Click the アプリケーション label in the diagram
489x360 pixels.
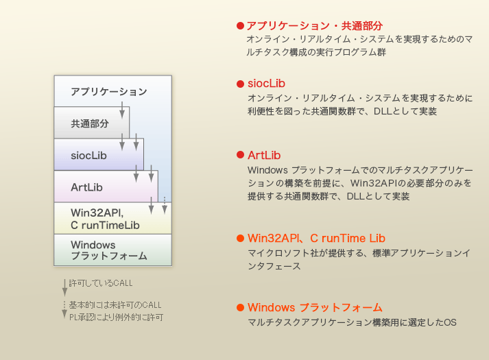coord(108,92)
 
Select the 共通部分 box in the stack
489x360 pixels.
coord(92,123)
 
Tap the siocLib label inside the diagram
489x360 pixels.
coord(89,156)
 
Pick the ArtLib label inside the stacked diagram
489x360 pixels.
coord(86,187)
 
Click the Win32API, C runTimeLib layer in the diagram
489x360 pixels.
coord(113,218)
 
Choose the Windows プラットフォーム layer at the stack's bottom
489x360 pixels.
coord(113,250)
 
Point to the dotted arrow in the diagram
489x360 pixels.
coord(165,206)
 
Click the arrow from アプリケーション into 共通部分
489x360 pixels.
coord(122,110)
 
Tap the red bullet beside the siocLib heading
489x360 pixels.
coord(240,84)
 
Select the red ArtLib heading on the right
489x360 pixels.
coord(264,155)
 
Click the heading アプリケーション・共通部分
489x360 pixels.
coord(314,26)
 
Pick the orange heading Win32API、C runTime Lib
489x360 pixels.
coord(317,239)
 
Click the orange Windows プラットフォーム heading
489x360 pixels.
coord(315,308)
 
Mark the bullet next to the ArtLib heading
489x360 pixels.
coord(240,155)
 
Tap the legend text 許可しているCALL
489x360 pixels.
coord(101,283)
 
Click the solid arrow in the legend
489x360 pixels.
coord(64,287)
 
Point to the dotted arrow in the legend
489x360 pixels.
coord(64,309)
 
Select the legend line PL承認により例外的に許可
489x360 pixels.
coord(116,317)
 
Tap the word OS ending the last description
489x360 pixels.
coord(451,322)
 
